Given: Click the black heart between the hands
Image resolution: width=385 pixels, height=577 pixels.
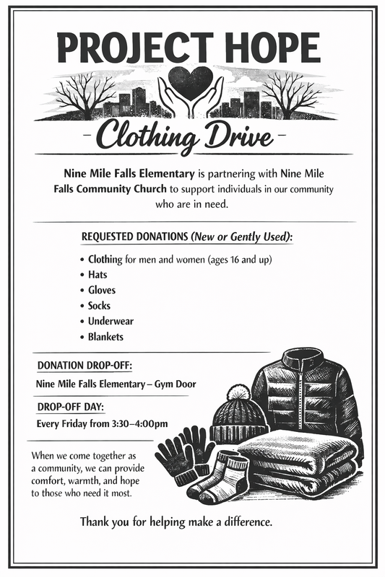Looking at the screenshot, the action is point(191,81).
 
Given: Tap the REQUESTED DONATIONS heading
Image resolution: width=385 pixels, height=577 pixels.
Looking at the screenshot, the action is point(135,237).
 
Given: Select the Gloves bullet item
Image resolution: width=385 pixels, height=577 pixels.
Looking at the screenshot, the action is point(101,290).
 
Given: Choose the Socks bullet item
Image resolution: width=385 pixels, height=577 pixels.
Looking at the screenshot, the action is point(99,306).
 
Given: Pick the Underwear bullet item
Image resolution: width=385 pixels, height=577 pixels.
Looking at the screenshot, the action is point(111,321).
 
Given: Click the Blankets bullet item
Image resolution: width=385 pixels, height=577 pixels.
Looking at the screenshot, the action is point(105,337).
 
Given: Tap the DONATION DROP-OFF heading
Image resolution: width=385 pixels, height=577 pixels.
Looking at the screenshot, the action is point(85,366).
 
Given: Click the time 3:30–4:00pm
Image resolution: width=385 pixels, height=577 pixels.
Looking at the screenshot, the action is point(141,423).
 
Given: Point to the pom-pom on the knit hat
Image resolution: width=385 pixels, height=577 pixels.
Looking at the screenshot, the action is point(238,393).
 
